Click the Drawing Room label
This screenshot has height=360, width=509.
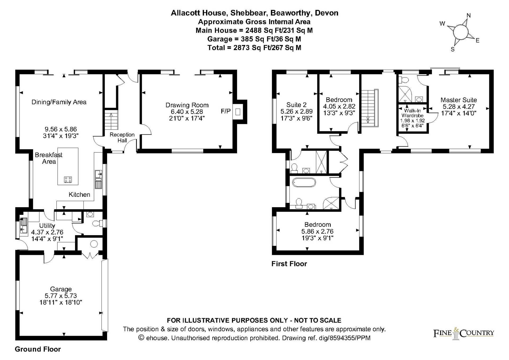[187, 105]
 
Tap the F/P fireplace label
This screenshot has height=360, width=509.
[226, 111]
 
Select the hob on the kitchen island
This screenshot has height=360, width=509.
[68, 180]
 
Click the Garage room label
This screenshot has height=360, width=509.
[61, 289]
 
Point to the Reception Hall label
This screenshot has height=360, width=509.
[122, 137]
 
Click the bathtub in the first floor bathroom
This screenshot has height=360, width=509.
[304, 183]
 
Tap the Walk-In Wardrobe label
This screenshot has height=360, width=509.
[413, 113]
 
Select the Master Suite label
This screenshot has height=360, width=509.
[459, 100]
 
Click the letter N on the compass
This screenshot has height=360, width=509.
[469, 15]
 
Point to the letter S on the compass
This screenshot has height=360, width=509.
[453, 50]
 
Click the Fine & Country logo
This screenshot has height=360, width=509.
[464, 333]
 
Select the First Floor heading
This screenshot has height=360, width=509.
[289, 264]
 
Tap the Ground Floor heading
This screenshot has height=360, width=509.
[38, 349]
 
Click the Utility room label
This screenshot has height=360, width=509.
[47, 226]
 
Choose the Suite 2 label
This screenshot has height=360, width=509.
[296, 105]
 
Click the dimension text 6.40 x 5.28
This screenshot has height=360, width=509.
[187, 112]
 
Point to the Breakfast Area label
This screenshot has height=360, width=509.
[49, 158]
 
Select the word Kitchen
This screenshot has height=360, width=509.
[79, 195]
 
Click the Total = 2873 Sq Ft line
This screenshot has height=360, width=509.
[254, 48]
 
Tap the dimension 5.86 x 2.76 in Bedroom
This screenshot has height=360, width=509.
[317, 232]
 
